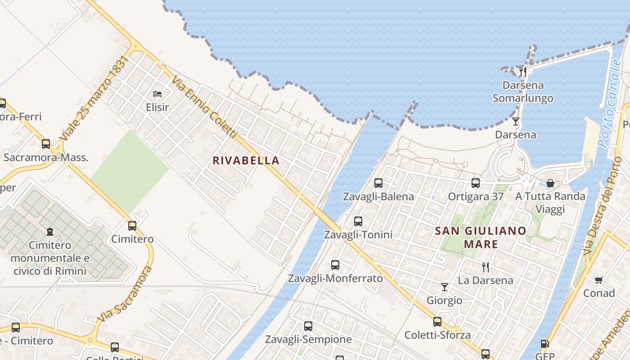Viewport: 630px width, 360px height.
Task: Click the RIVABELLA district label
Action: [246, 161]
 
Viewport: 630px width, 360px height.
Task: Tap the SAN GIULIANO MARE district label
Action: [481, 238]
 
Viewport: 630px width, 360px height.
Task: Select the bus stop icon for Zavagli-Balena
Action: [378, 183]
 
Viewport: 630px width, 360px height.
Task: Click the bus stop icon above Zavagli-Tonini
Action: [358, 221]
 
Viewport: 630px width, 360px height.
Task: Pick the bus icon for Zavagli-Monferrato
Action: [335, 265]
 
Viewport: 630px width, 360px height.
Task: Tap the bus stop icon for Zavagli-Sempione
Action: [308, 326]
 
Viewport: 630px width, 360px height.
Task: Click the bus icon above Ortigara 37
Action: [476, 183]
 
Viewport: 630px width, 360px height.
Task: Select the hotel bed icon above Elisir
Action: [157, 94]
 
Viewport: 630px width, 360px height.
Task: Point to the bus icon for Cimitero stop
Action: [132, 226]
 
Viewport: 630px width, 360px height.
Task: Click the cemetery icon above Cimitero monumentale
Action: [50, 232]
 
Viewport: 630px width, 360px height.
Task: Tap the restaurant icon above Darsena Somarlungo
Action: [523, 72]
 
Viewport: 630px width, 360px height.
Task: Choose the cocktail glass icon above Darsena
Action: [516, 121]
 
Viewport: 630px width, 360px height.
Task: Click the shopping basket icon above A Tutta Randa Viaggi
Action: [550, 183]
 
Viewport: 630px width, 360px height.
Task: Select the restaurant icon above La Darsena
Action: [486, 267]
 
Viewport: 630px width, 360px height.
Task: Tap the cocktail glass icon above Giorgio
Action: [445, 287]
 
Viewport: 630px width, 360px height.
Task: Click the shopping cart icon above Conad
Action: [598, 280]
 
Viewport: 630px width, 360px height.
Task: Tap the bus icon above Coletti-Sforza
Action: [437, 322]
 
